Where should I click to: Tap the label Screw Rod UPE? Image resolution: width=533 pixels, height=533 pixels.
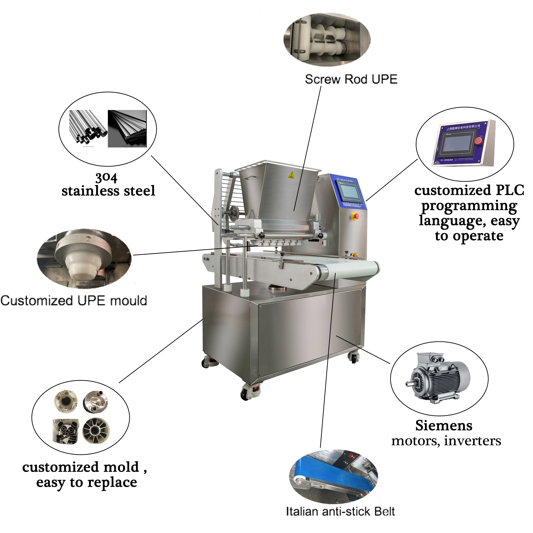tap(351, 79)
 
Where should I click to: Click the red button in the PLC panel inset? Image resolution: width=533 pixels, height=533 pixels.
tap(478, 141)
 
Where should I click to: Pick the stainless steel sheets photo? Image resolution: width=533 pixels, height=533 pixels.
tap(127, 129)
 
